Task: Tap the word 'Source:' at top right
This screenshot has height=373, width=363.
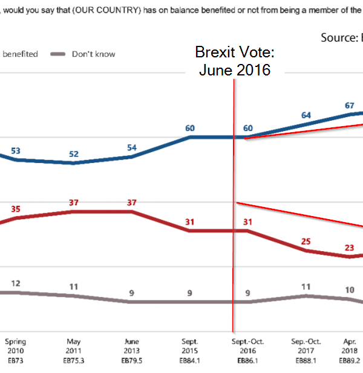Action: pos(339,37)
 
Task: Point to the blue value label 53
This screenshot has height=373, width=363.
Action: pos(16,150)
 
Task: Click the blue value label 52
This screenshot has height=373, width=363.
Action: pos(74,154)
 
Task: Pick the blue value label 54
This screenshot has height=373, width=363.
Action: pos(132,148)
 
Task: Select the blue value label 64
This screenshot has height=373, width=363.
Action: pos(306,115)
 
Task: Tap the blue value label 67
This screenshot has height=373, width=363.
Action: pos(349,105)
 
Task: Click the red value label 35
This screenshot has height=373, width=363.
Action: pos(16,209)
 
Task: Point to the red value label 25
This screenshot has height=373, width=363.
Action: pos(306,241)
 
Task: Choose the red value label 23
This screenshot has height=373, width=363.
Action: pos(349,247)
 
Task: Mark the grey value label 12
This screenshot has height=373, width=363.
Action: pos(16,283)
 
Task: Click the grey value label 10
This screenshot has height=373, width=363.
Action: pos(349,290)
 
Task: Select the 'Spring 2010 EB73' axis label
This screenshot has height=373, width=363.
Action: pos(16,350)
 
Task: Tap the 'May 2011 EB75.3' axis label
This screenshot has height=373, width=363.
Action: pos(74,350)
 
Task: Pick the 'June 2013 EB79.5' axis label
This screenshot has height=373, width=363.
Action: pos(131,350)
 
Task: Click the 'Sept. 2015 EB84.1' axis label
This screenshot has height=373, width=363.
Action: pos(190,350)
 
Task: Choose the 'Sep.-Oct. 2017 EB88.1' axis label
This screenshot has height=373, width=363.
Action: pos(306,350)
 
